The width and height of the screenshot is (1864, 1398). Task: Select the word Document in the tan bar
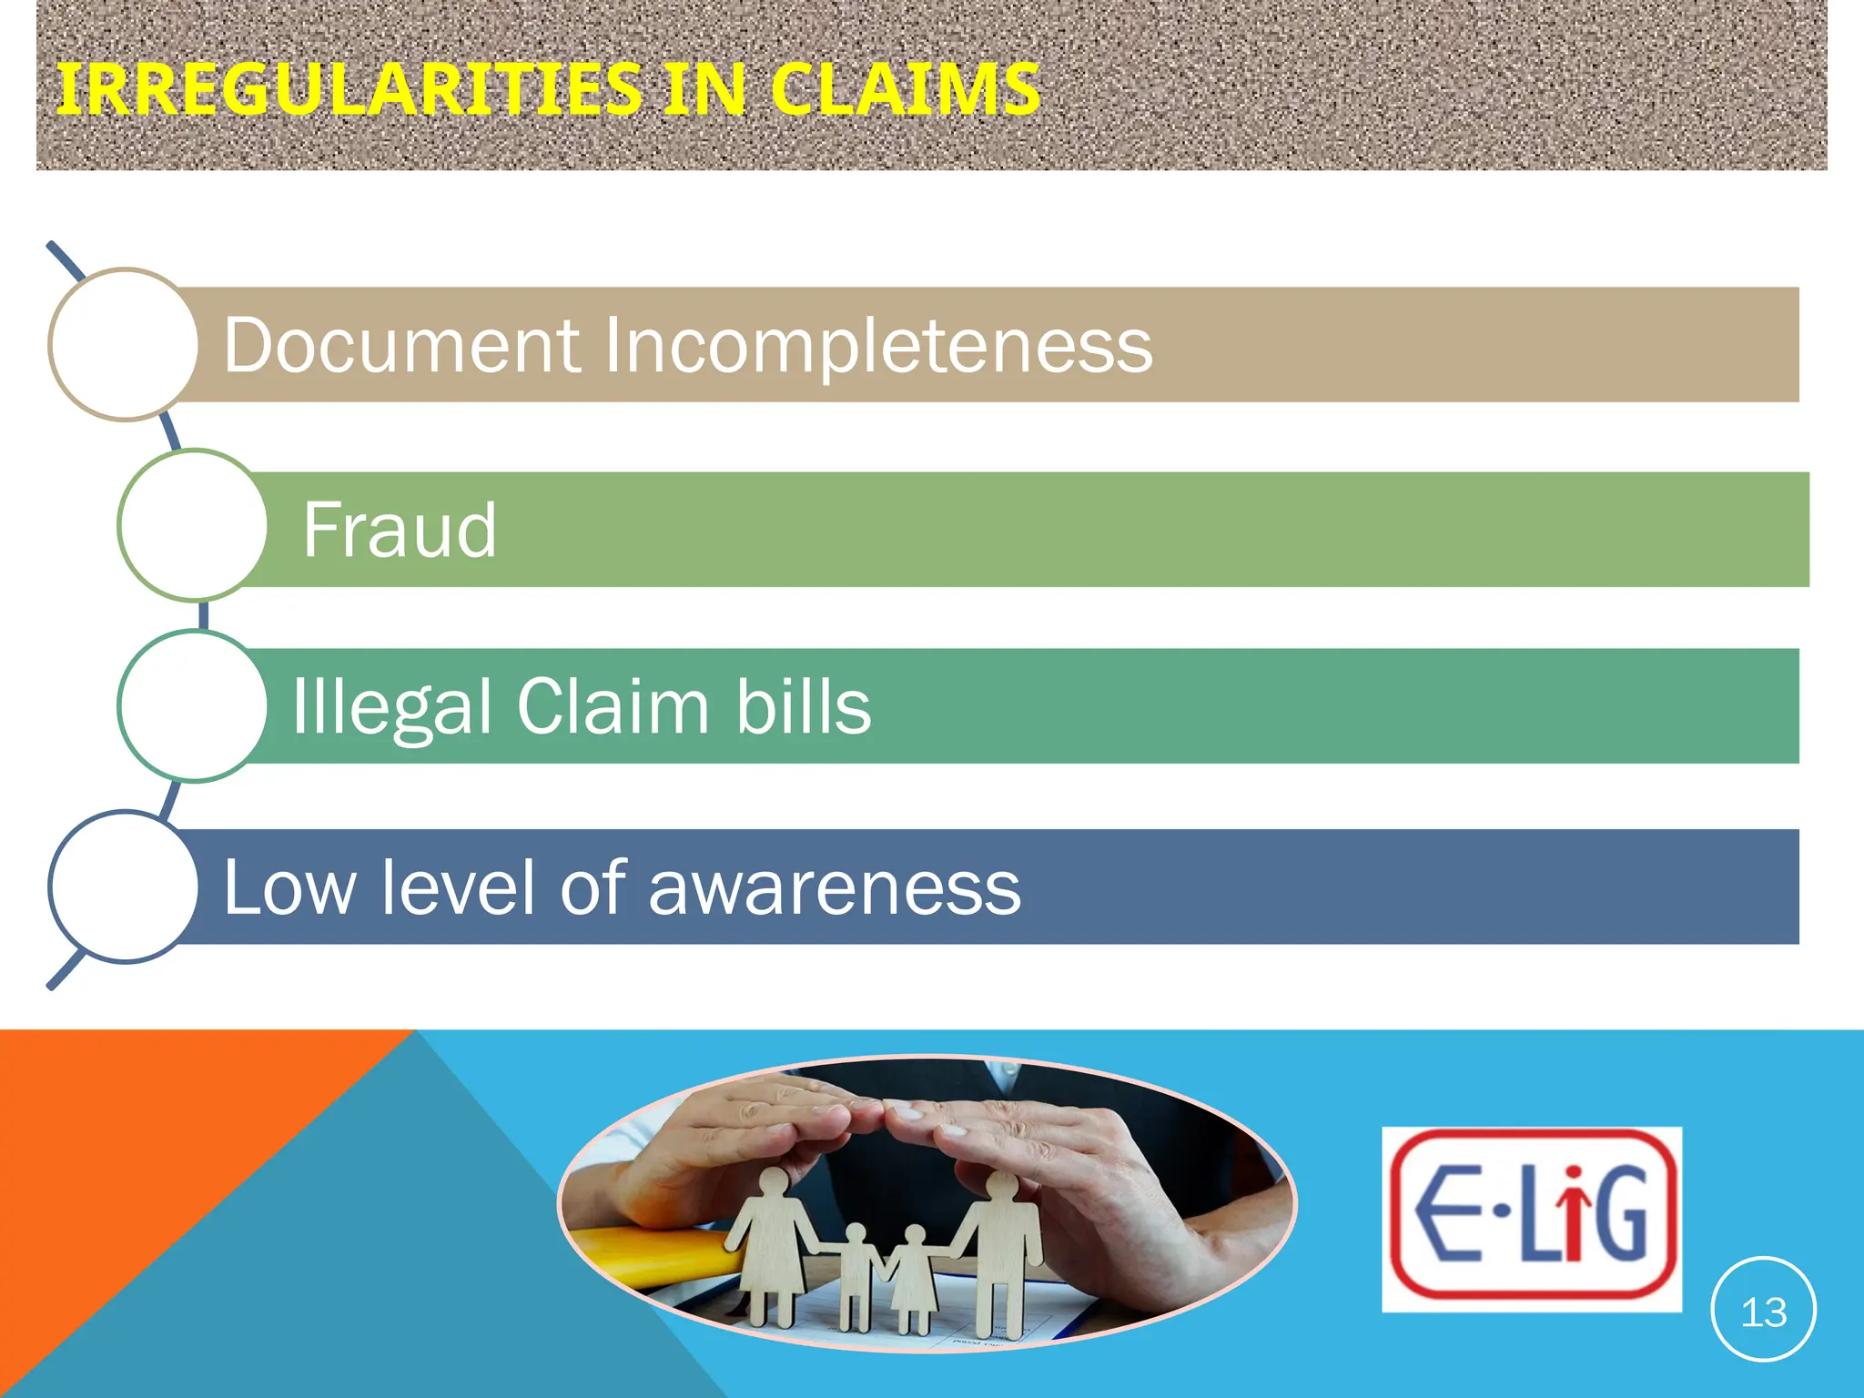401,345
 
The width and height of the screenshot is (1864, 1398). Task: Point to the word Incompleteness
878,345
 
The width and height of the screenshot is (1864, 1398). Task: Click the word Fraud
400,530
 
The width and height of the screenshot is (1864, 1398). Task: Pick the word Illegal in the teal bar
391,707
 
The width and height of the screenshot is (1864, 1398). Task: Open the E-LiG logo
1532,1219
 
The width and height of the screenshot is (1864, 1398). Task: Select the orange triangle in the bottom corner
137,1165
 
